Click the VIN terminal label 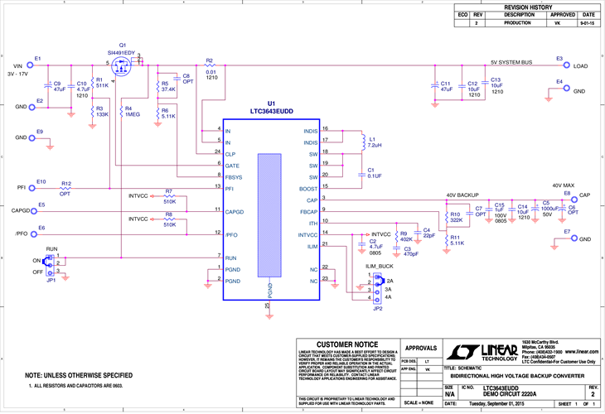pyautogui.click(x=17, y=65)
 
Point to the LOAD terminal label pyautogui.click(x=581, y=65)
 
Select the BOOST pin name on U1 pyautogui.click(x=308, y=189)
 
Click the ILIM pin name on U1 pyautogui.click(x=312, y=246)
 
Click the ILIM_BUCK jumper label pyautogui.click(x=380, y=267)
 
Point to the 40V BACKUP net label pyautogui.click(x=463, y=195)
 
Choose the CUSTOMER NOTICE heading pyautogui.click(x=347, y=344)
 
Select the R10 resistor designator pyautogui.click(x=456, y=214)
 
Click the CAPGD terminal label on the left pyautogui.click(x=21, y=211)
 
